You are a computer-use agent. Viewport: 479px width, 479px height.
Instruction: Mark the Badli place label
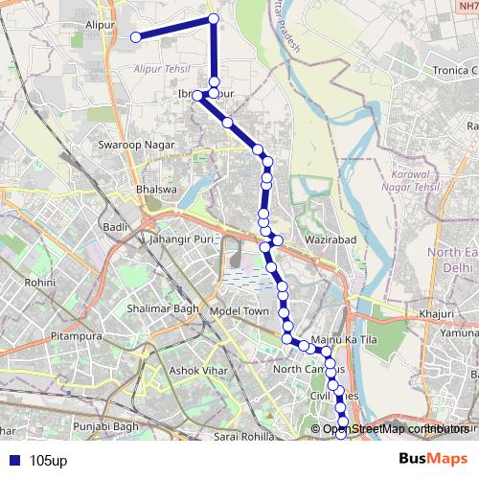pyautogui.click(x=115, y=226)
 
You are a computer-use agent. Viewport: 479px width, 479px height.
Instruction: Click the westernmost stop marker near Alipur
pyautogui.click(x=136, y=37)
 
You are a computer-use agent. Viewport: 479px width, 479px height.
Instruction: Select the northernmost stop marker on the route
pyautogui.click(x=213, y=19)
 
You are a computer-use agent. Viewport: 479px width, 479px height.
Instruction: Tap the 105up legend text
pyautogui.click(x=48, y=460)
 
